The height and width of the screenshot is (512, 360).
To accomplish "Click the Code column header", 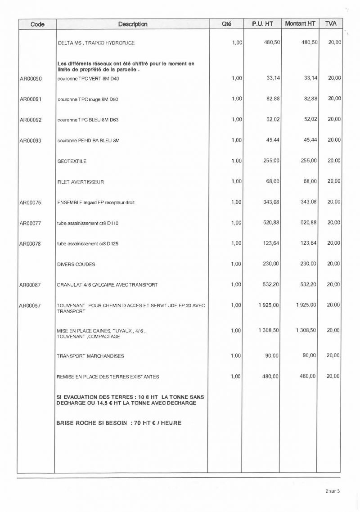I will click(x=37, y=24).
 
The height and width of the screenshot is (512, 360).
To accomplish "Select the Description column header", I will click(x=133, y=24).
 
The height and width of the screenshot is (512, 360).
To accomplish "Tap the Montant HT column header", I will click(x=300, y=23).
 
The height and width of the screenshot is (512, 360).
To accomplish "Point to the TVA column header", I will click(x=331, y=23).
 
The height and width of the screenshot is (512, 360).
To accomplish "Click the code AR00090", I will click(x=31, y=79).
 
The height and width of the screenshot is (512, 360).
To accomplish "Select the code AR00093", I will click(x=31, y=141).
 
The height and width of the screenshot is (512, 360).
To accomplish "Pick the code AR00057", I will click(x=31, y=306).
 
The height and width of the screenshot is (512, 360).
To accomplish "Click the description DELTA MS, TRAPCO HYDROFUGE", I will click(x=96, y=43).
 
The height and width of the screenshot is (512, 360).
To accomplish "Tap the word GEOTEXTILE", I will click(x=72, y=161).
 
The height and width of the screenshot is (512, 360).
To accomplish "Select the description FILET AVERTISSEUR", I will click(x=81, y=182).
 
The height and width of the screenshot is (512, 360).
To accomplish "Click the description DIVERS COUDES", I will click(x=76, y=265).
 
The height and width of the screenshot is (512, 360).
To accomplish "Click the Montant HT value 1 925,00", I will click(x=306, y=305).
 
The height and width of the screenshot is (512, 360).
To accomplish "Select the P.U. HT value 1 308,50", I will click(x=269, y=330).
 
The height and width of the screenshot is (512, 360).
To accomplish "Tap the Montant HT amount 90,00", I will click(x=310, y=355).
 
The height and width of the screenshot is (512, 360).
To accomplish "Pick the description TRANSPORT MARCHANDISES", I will click(x=90, y=356).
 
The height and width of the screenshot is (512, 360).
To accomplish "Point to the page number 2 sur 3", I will click(x=332, y=491).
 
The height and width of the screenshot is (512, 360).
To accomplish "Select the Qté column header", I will click(x=227, y=24).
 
